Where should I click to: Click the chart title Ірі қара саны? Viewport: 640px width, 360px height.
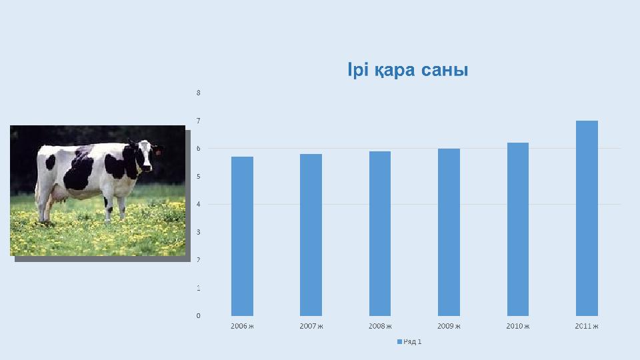tap(408, 70)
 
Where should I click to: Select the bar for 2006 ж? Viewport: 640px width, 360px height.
tap(243, 236)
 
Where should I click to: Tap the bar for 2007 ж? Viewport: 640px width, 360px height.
tap(311, 235)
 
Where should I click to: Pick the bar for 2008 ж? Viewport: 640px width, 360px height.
tap(380, 233)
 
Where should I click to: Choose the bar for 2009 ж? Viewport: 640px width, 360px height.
tap(449, 232)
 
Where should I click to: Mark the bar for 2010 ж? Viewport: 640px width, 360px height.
tap(518, 229)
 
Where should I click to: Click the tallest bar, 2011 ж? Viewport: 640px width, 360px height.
tap(587, 219)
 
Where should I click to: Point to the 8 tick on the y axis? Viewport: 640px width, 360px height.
tap(199, 93)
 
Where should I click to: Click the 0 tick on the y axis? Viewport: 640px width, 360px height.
tap(199, 316)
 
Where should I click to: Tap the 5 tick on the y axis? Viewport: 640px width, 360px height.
tap(199, 177)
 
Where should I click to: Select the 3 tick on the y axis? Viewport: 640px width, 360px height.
tap(199, 232)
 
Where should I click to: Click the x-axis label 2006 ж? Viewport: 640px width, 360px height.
tap(243, 326)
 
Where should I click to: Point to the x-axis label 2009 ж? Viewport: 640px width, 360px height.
tap(449, 326)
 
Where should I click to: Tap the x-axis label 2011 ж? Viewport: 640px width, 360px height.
tap(587, 326)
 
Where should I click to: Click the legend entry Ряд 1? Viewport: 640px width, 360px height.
tap(409, 341)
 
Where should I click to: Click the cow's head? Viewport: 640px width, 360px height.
tap(144, 155)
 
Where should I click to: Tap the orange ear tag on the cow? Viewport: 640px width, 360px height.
tap(158, 153)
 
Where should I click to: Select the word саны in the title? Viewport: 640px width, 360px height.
tap(445, 70)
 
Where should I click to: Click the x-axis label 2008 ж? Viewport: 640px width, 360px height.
tap(380, 326)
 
